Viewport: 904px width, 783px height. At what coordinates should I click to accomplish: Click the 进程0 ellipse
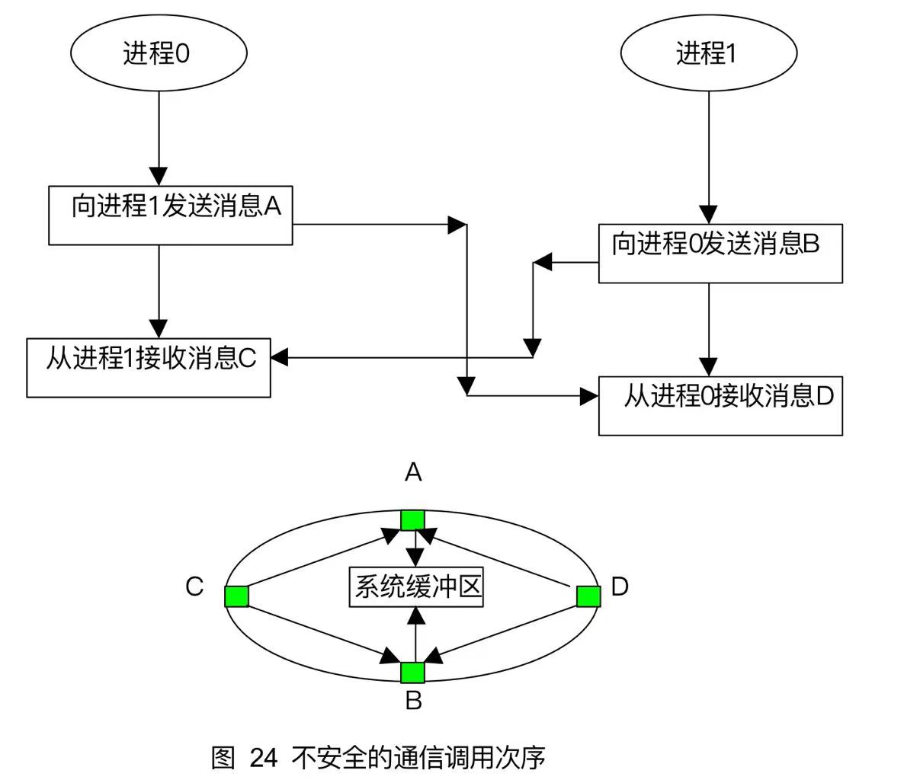coord(159,53)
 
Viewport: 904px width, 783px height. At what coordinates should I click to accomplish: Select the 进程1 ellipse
coord(709,53)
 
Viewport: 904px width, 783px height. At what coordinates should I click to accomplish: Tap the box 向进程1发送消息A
coord(170,215)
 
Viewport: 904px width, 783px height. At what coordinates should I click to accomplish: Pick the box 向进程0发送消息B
coord(720,253)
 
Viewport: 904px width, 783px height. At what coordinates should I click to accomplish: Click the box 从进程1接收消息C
coord(149,367)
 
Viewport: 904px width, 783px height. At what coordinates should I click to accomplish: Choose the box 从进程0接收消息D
coord(720,405)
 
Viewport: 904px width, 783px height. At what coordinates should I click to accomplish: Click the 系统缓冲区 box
coord(416,587)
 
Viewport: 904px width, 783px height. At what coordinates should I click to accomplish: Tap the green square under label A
coord(413,519)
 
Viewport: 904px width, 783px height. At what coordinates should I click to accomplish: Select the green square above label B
coord(413,672)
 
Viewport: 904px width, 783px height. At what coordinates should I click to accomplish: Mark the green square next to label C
coord(237,596)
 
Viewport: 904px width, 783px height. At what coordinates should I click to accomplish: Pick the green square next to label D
coord(588,596)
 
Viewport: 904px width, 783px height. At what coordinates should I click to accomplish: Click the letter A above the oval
coord(413,474)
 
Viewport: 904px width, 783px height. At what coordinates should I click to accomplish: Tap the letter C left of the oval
coord(194,586)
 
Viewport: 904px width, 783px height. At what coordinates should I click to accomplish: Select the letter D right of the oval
coord(620,586)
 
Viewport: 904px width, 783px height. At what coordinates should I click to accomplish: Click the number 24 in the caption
coord(263,758)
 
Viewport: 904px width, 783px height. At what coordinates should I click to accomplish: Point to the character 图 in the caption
coord(223,758)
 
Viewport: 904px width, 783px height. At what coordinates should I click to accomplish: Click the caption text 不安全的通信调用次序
coord(418,758)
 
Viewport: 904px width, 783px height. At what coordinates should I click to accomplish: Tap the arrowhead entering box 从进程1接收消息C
coord(279,356)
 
